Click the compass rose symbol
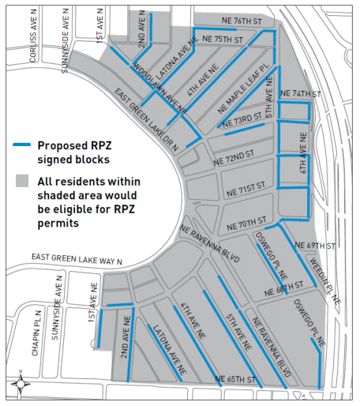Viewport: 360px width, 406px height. [18, 385]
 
